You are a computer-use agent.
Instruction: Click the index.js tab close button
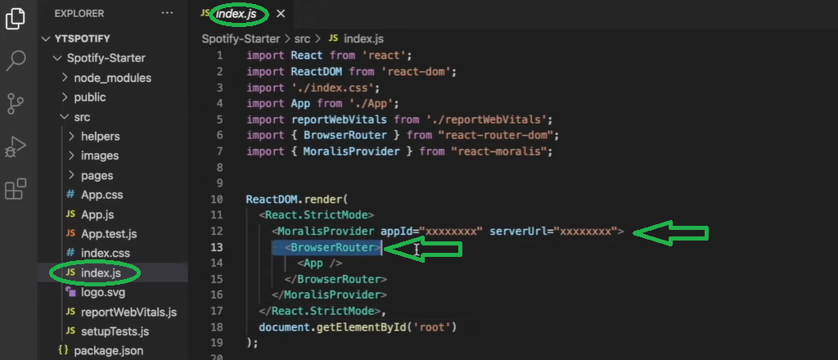coord(281,14)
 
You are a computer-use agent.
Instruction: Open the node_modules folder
coord(112,78)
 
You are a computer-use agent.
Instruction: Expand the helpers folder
coord(100,136)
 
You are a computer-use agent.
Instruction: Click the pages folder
coord(97,175)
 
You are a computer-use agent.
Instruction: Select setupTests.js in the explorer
coord(115,331)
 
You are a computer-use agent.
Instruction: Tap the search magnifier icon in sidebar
coord(16,60)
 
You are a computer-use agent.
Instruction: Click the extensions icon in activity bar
coord(16,190)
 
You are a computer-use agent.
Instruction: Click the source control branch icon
coord(16,103)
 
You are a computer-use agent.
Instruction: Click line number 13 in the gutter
coord(217,247)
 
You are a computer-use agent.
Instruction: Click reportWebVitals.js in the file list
coord(128,312)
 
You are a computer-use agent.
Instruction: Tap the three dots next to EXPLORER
coord(168,14)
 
